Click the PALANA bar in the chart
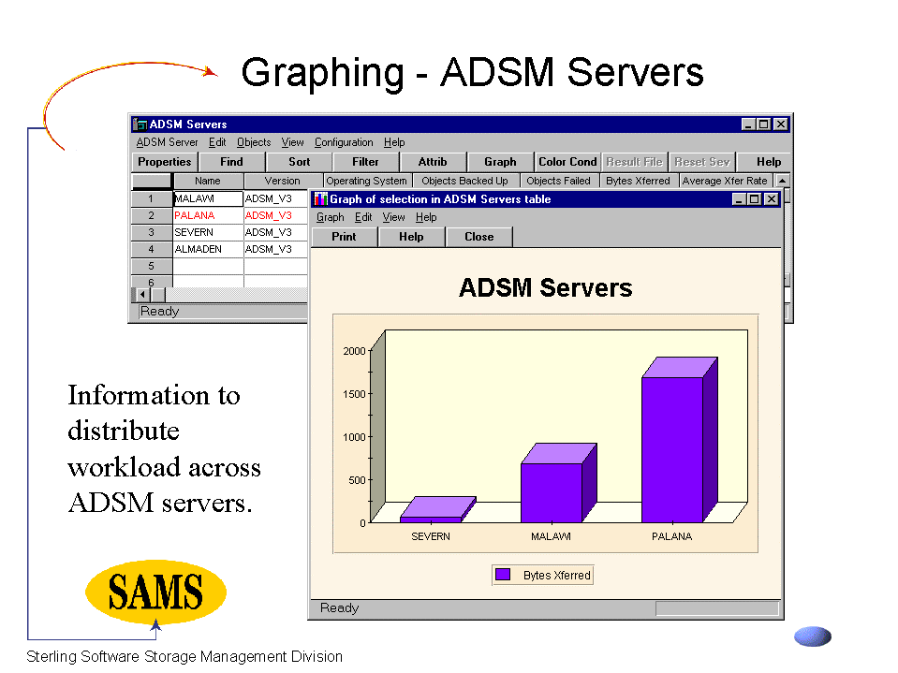click(x=679, y=440)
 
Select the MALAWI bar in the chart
click(x=558, y=483)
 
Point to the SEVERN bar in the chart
click(x=437, y=510)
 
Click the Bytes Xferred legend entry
click(x=542, y=575)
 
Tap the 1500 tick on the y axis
click(x=355, y=394)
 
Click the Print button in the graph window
click(x=344, y=237)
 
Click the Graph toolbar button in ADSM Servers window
click(x=500, y=162)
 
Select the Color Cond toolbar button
click(x=567, y=162)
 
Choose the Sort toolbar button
click(x=299, y=162)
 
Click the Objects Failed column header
click(x=558, y=181)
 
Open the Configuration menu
click(x=344, y=142)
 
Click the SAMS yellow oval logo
click(x=155, y=592)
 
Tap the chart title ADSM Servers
click(x=545, y=287)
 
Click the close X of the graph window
click(x=772, y=199)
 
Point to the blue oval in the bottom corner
click(x=813, y=636)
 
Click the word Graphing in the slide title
click(x=322, y=73)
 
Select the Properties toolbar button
click(x=165, y=162)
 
